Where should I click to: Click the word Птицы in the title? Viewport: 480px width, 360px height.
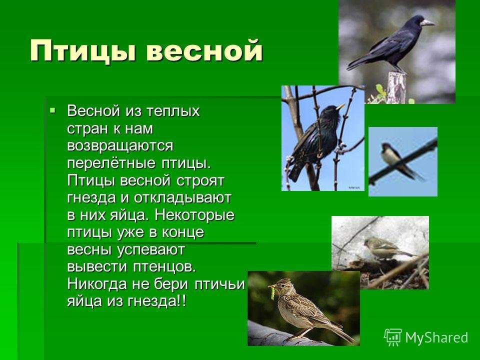83,51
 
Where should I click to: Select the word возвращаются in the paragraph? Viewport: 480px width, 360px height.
120,145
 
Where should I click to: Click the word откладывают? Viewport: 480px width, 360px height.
182,198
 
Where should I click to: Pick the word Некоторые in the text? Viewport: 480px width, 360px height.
194,215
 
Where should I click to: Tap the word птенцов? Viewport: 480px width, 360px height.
164,266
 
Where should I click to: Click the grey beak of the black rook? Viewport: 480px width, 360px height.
426,22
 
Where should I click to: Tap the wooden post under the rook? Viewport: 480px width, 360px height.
396,87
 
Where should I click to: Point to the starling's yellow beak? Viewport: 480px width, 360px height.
340,106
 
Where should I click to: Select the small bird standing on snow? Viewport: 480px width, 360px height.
384,248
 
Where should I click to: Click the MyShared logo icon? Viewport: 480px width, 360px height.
393,337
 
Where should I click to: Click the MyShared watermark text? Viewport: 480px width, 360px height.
436,337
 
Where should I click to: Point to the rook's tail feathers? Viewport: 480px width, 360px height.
359,63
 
